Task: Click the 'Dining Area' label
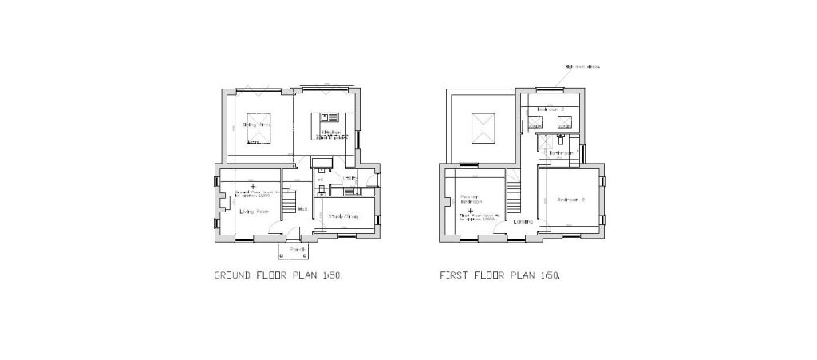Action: pyautogui.click(x=257, y=125)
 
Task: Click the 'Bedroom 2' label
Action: pyautogui.click(x=571, y=200)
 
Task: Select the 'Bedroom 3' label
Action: pyautogui.click(x=550, y=109)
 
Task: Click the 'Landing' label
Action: pyautogui.click(x=523, y=221)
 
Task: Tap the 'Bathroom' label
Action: pyautogui.click(x=560, y=152)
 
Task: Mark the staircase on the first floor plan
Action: pyautogui.click(x=515, y=195)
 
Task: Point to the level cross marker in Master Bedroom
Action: pyautogui.click(x=470, y=211)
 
